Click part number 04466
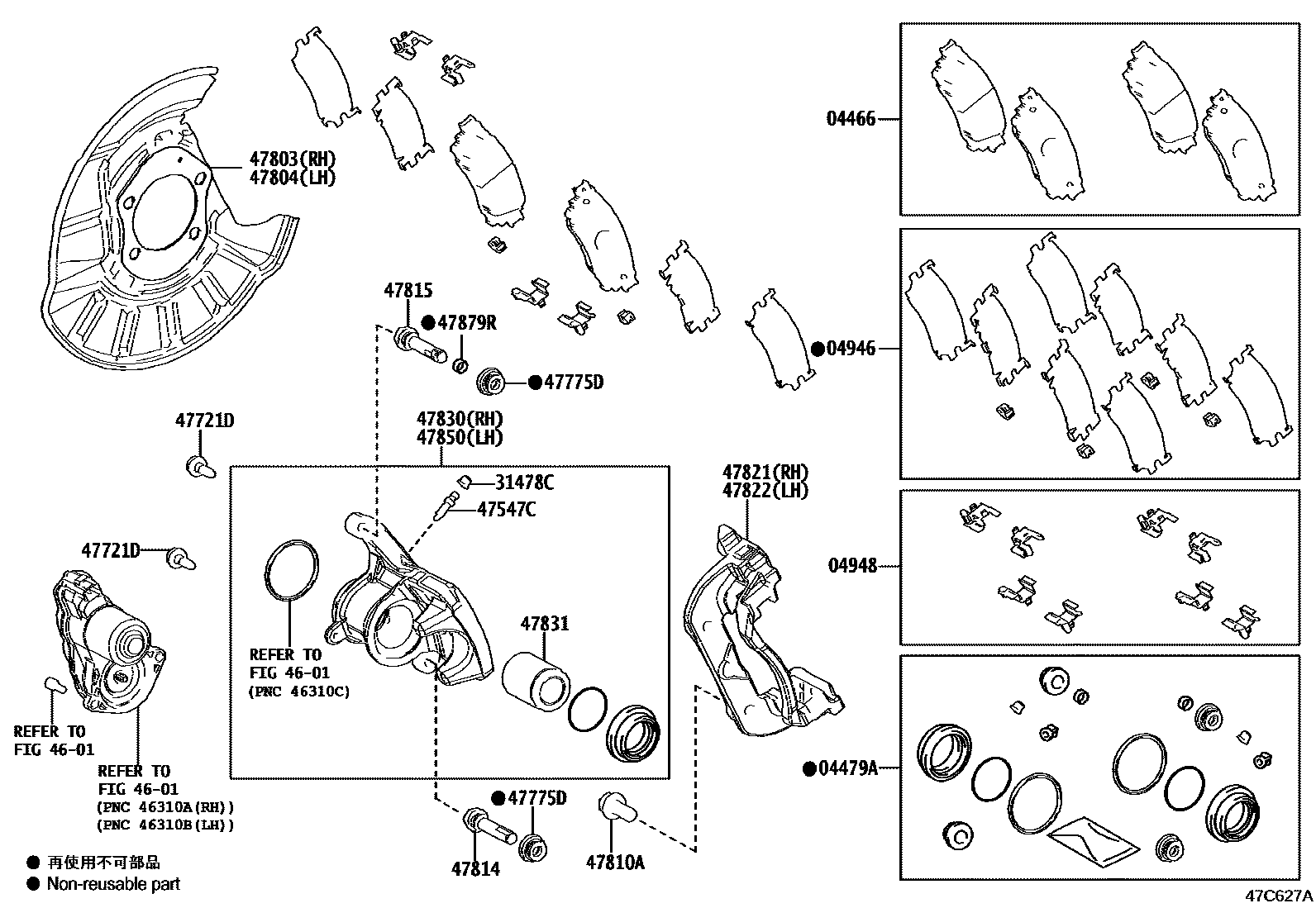pos(851,119)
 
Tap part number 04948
pos(851,567)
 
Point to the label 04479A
pos(847,768)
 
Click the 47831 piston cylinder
pos(535,678)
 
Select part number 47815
pos(408,291)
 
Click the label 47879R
pos(467,323)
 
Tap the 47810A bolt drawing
pos(614,806)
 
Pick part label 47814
pos(475,869)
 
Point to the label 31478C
pos(524,483)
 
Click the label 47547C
pos(506,509)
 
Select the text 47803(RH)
pos(293,159)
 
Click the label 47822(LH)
pos(765,490)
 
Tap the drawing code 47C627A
pos(1279,895)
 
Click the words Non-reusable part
pos(113,884)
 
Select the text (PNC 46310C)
pos(299,692)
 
